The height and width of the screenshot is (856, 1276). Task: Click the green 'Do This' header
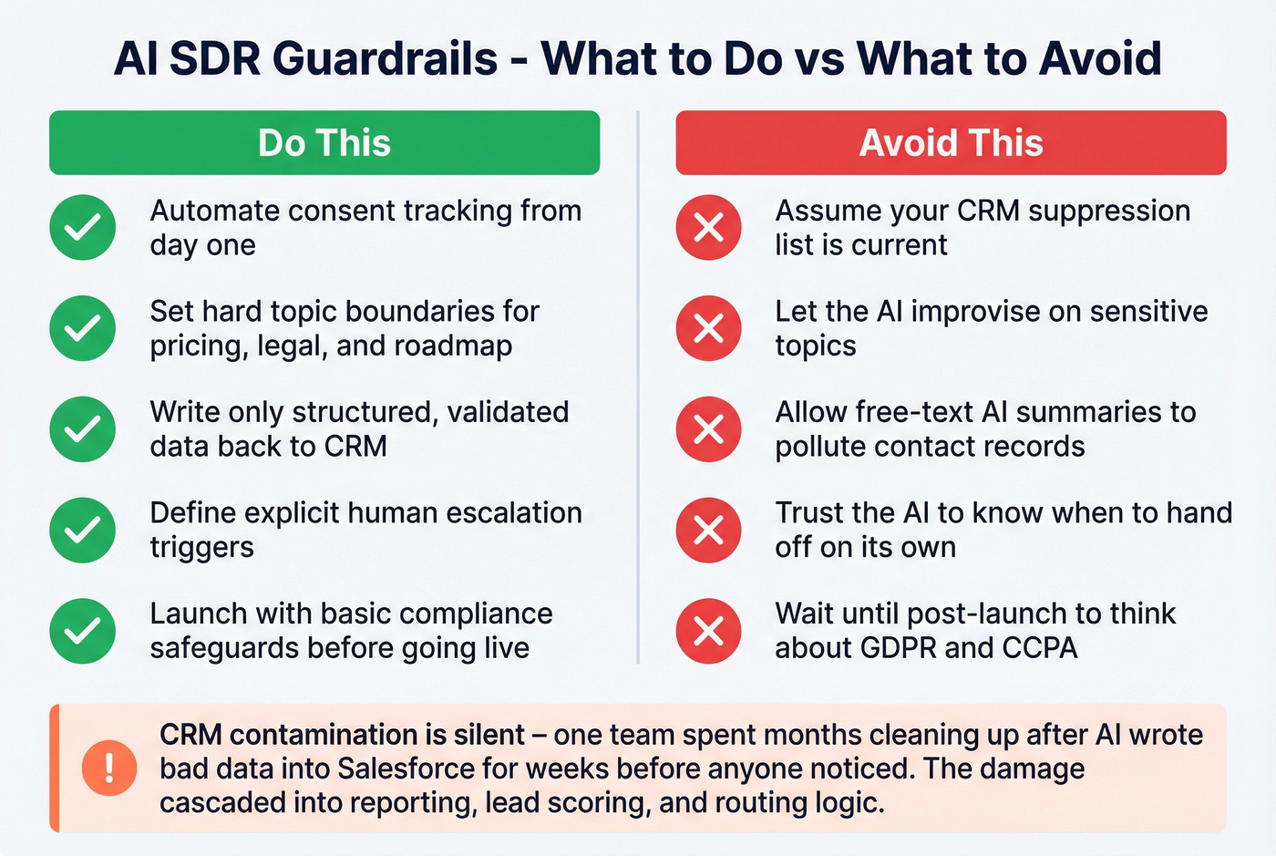324,143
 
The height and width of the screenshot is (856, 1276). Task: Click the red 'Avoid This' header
951,143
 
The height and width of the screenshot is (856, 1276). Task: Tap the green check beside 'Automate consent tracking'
83,227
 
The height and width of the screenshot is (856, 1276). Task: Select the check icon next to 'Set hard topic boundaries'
83,328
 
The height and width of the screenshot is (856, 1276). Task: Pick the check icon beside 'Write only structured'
83,428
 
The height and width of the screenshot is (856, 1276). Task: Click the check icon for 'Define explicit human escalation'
83,530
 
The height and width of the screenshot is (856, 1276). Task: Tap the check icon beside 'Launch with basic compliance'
83,631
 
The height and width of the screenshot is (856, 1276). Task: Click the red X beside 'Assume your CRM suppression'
709,227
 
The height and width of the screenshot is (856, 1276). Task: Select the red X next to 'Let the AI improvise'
709,328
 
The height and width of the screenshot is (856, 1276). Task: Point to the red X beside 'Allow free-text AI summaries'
709,428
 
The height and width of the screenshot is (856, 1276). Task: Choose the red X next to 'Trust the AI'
709,530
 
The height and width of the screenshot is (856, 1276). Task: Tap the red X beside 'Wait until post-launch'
709,631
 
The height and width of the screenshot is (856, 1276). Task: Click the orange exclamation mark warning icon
109,768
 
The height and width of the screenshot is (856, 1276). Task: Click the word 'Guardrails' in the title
385,59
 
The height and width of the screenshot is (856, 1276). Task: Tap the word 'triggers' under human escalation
201,548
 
